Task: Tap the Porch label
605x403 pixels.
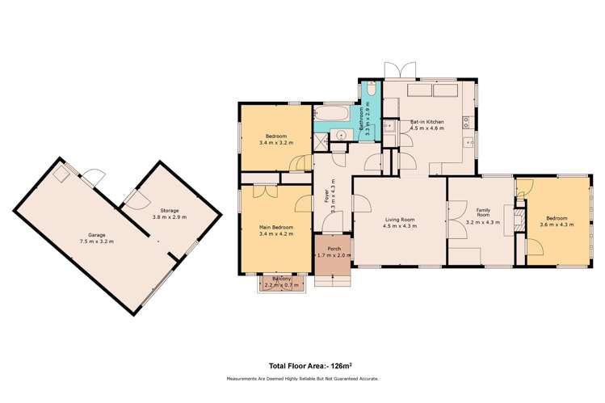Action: pos(331,248)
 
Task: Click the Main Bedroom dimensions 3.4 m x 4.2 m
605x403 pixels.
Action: pos(276,235)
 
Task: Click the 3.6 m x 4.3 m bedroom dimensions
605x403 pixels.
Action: pos(557,225)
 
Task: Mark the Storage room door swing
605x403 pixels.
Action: pos(132,196)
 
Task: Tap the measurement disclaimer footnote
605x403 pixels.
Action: pos(302,378)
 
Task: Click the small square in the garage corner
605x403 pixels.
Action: pos(61,174)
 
